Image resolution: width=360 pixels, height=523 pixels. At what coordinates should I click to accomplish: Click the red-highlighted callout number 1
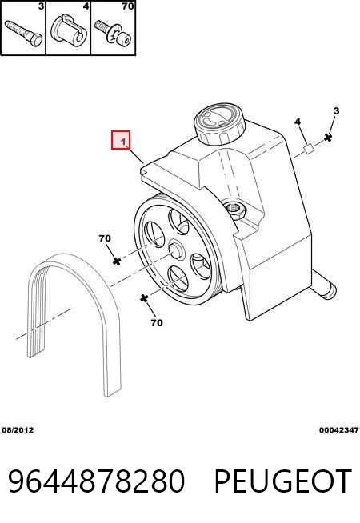121,140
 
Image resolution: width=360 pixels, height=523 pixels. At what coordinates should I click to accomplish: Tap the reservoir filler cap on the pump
219,124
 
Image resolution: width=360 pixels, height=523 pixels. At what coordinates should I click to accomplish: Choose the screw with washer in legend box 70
113,32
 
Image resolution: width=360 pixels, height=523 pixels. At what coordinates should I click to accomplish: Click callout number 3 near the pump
336,110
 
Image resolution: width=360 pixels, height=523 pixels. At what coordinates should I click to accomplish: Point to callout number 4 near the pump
298,122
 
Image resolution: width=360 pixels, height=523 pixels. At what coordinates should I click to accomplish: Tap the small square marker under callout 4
308,149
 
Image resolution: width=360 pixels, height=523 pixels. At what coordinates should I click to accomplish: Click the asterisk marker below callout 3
328,138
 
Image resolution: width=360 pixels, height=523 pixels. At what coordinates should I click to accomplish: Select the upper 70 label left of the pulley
105,238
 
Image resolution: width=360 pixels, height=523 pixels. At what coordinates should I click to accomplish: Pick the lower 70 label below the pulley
157,323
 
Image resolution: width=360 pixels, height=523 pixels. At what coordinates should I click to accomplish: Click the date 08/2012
18,430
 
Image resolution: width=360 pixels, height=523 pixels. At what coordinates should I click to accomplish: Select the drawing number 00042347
338,430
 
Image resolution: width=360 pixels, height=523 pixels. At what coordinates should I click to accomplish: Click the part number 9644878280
96,481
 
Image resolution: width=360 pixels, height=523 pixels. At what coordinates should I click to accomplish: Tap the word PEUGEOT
282,481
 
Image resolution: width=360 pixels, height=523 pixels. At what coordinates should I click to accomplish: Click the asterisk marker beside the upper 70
117,261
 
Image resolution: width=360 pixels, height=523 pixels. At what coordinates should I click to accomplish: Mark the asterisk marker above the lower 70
144,298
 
